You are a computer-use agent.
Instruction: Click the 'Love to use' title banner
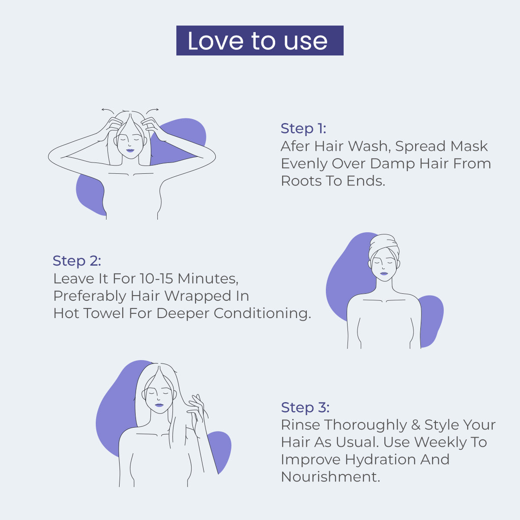tap(260, 41)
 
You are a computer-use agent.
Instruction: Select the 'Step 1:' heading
tap(303, 129)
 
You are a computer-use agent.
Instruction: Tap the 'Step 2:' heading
tap(77, 261)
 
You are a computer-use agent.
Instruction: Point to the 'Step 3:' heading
tap(305, 407)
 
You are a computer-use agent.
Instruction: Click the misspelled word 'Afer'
tap(296, 146)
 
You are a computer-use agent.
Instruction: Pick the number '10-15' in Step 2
tap(156, 278)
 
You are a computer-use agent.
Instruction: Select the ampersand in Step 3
tap(416, 425)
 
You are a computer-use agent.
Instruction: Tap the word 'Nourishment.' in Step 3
tap(330, 477)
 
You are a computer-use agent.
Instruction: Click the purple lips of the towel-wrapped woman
tap(384, 273)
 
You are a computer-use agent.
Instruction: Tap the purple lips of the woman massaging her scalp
tap(130, 151)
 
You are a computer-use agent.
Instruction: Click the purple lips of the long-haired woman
tap(159, 405)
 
